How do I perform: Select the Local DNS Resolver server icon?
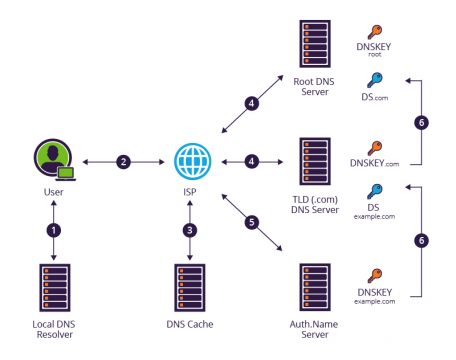[x=54, y=288]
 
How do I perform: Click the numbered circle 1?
[x=54, y=228]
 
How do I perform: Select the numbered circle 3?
[x=190, y=228]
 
